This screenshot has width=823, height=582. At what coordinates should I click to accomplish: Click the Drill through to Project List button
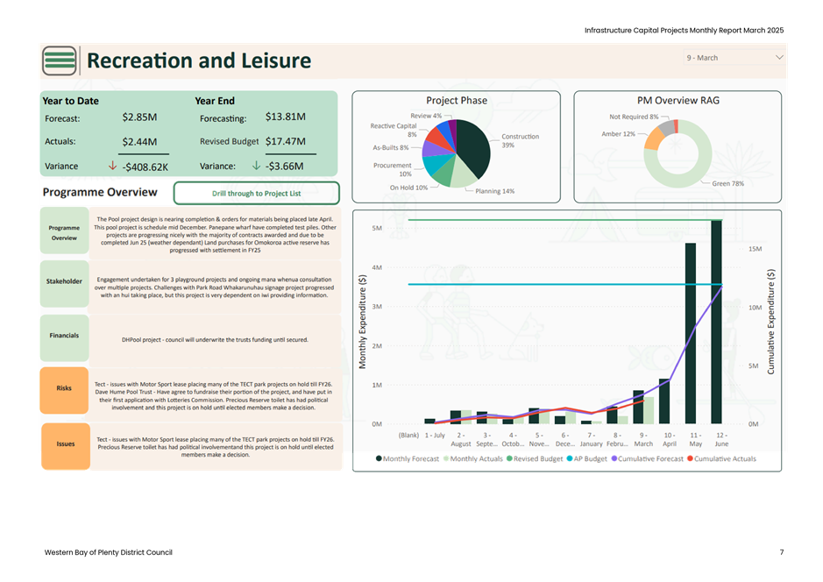257,193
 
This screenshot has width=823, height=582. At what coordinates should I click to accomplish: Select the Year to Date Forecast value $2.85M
139,117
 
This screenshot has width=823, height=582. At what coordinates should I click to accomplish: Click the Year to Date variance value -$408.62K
145,167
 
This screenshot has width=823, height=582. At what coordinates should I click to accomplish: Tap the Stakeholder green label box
64,282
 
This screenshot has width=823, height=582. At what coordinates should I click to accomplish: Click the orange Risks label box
64,388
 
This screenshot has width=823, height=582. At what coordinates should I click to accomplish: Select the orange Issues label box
65,444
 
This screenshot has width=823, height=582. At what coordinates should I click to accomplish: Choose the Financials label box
64,336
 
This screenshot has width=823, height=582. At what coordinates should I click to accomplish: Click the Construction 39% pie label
520,140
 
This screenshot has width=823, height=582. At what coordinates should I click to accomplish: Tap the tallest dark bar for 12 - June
716,322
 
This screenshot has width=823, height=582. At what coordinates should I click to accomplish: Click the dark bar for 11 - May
691,334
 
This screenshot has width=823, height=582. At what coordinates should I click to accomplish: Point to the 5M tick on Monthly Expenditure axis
377,229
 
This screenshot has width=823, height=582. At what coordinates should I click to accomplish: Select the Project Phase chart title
457,101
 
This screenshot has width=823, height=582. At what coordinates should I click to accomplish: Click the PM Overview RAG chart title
678,101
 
